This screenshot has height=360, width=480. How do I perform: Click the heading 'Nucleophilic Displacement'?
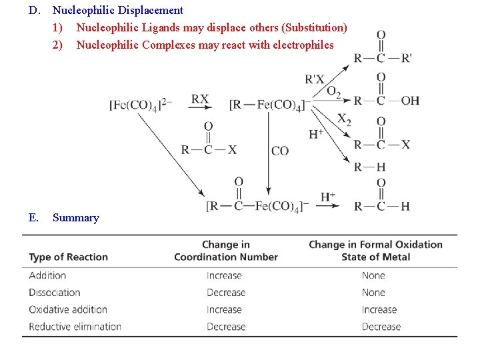[x=118, y=10]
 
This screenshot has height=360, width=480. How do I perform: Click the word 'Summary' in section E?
[x=75, y=217]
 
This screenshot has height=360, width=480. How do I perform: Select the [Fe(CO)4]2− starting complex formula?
[x=141, y=104]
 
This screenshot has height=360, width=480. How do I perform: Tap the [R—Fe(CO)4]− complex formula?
[x=268, y=104]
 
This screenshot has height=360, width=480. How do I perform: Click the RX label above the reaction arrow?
[x=199, y=99]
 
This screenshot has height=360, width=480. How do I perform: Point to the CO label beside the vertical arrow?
[x=280, y=151]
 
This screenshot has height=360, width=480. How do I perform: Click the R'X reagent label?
[x=315, y=79]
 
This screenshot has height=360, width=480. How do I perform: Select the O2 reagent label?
[x=334, y=92]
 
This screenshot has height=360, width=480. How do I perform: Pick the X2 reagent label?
[x=344, y=119]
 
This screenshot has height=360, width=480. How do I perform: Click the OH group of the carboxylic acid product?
[x=410, y=101]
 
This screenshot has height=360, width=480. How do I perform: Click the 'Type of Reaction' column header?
[x=68, y=257]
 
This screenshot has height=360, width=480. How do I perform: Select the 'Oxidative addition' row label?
[x=68, y=309]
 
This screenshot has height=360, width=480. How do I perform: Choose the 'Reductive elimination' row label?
[x=75, y=327]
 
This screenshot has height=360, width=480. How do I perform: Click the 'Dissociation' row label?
[x=55, y=292]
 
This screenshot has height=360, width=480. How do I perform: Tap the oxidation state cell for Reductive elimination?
[x=381, y=327]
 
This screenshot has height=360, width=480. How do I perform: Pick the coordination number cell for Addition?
[x=224, y=275]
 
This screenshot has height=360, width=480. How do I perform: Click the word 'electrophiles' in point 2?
[x=301, y=45]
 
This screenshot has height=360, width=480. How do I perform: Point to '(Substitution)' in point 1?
[x=314, y=27]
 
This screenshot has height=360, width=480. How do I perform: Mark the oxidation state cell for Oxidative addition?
[x=379, y=309]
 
